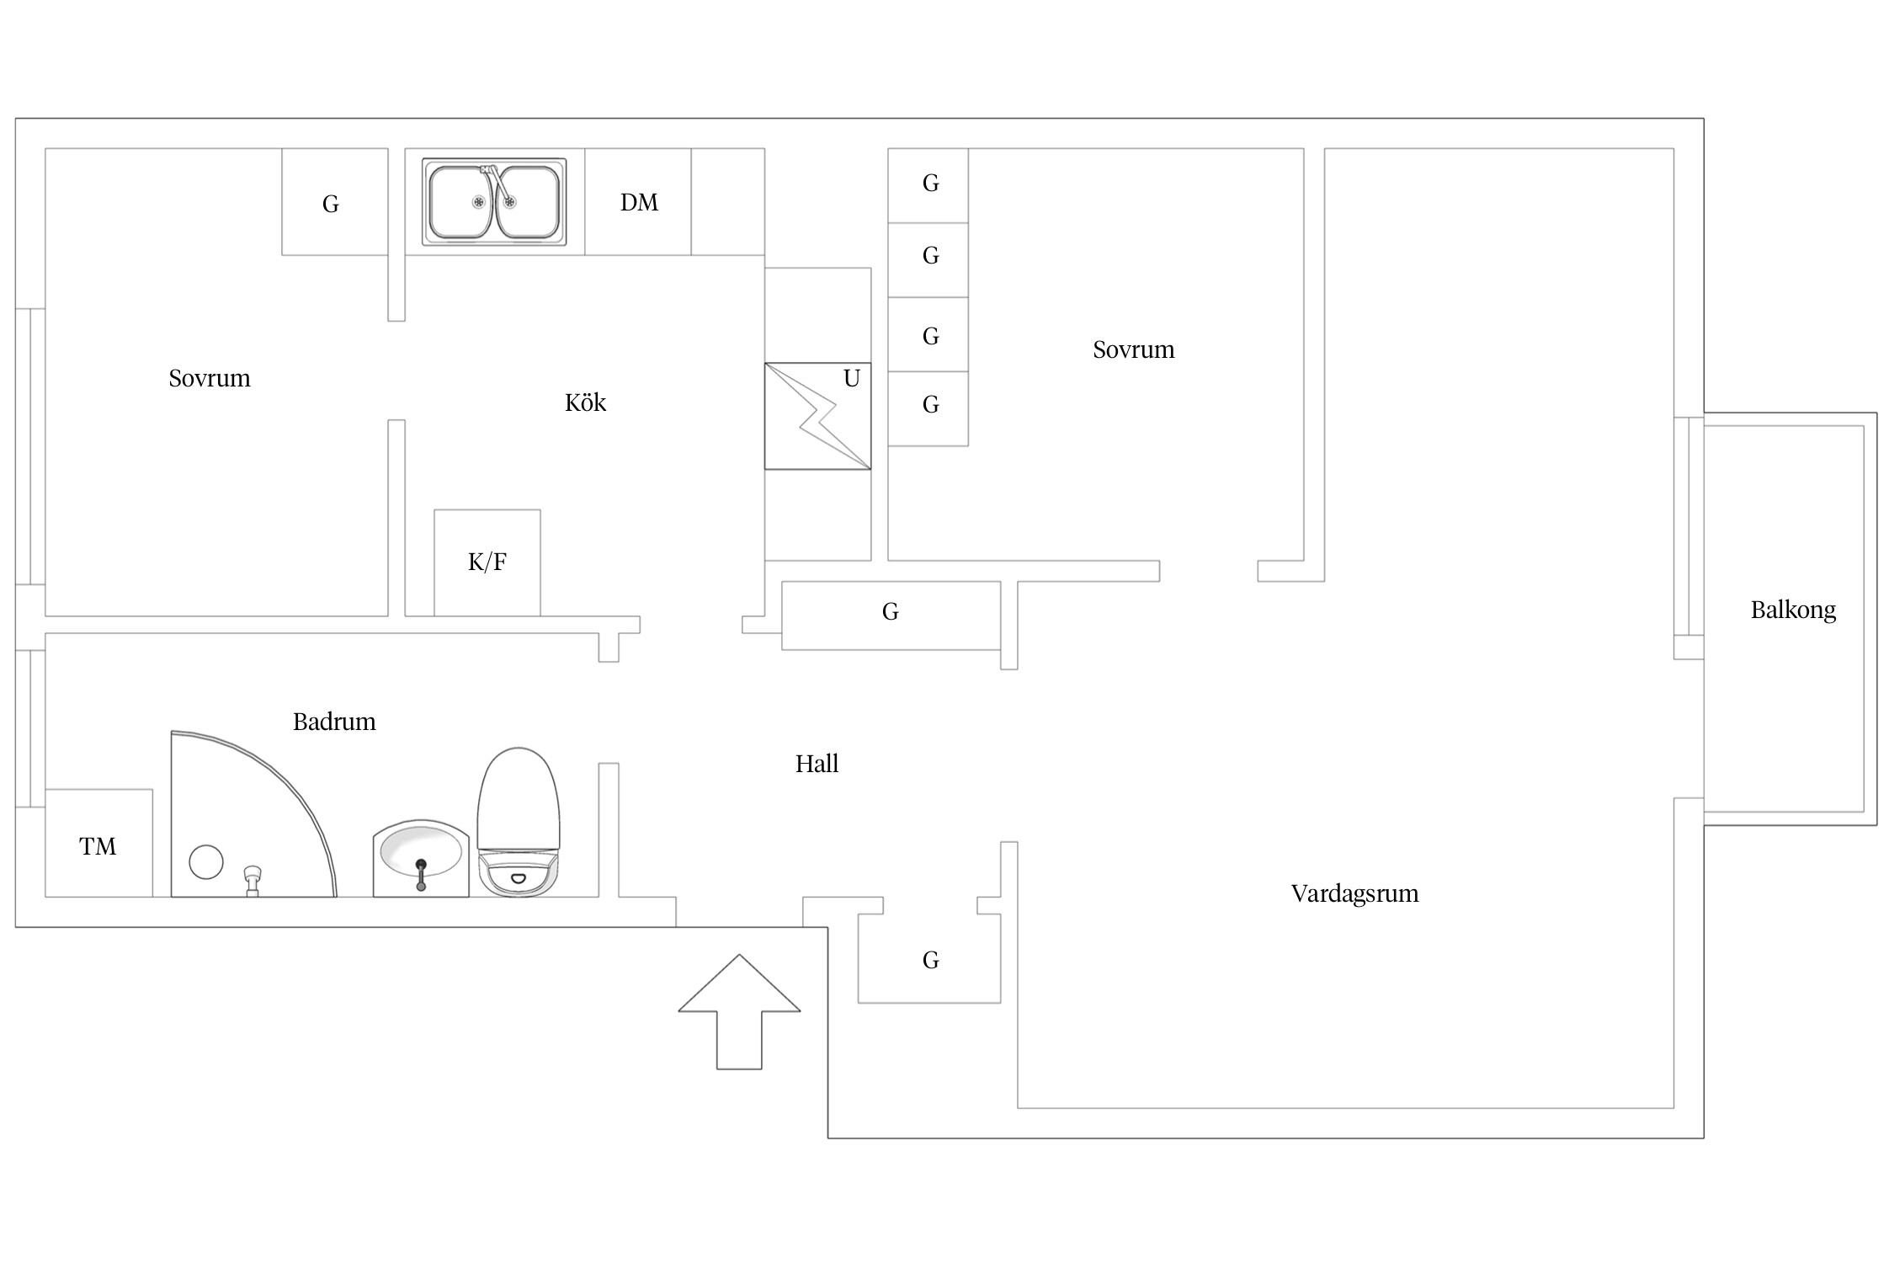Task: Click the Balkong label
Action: click(x=1793, y=610)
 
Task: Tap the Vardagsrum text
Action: click(x=1354, y=893)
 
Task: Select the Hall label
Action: click(x=817, y=764)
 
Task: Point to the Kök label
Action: click(x=585, y=402)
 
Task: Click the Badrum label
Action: click(x=334, y=722)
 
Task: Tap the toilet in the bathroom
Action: click(x=519, y=822)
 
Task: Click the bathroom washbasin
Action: click(x=421, y=858)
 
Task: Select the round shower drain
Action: click(x=206, y=862)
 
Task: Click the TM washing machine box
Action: click(x=98, y=843)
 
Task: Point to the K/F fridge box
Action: click(x=487, y=562)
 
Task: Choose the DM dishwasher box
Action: click(x=638, y=202)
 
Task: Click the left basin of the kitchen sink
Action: click(x=460, y=202)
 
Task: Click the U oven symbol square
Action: click(x=817, y=416)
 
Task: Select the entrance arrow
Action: click(x=739, y=1012)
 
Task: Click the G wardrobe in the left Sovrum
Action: click(x=335, y=202)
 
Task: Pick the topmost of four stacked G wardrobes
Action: click(x=928, y=185)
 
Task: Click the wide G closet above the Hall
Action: click(x=891, y=616)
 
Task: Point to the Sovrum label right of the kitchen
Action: click(x=1133, y=349)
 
